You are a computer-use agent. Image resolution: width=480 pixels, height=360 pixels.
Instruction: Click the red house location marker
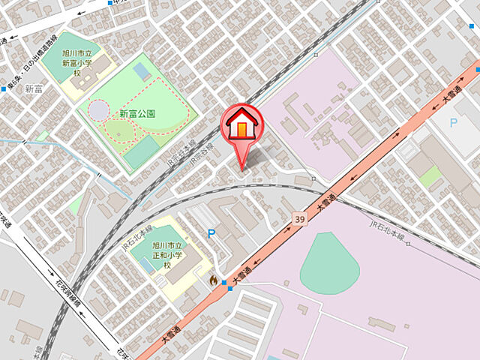(x=241, y=125)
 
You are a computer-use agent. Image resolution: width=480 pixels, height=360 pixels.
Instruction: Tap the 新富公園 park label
(x=137, y=114)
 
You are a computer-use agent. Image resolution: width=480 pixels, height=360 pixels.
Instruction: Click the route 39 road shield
(x=299, y=218)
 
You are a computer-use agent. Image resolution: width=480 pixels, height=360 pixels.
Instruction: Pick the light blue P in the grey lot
(x=453, y=122)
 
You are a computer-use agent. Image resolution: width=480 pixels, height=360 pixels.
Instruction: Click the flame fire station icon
(x=213, y=280)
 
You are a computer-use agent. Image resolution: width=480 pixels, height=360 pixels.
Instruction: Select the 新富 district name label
(x=34, y=89)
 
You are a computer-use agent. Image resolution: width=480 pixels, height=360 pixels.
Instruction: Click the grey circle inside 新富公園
(x=98, y=110)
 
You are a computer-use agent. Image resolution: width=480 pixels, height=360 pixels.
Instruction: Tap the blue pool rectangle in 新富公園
(x=141, y=71)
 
